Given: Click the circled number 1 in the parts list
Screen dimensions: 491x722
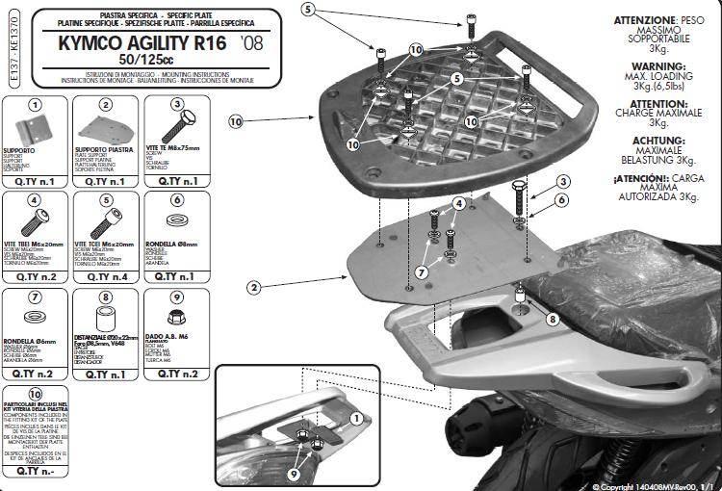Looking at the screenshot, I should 35,104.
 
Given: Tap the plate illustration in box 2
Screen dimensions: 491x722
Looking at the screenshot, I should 105,129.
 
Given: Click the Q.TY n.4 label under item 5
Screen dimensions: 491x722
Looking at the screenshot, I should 106,275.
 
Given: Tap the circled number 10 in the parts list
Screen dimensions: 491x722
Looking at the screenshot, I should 35,394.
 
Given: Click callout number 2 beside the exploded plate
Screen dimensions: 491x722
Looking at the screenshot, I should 253,287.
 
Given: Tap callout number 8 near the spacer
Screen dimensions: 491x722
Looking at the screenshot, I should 552,319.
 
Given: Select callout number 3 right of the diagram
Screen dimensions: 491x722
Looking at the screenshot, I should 559,182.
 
